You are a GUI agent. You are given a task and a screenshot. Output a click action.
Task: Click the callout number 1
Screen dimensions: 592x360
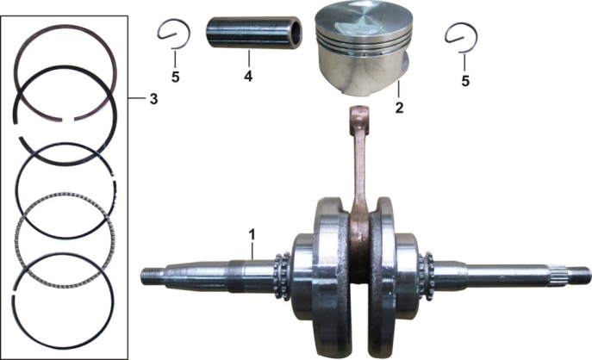[252, 235]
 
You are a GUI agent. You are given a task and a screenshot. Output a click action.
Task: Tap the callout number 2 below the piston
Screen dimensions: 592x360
[399, 108]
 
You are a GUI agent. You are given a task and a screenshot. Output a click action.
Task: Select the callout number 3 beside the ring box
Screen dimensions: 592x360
[153, 99]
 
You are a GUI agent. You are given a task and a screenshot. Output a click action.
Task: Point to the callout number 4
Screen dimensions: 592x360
[248, 76]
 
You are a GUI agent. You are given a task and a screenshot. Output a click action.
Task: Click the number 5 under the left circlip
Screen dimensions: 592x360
[175, 77]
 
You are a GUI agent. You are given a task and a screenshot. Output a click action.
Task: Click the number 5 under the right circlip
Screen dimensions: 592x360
[465, 80]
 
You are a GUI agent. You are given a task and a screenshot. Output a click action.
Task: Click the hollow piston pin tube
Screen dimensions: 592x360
[253, 34]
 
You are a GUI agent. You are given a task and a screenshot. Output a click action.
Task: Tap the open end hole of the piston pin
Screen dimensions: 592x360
[296, 33]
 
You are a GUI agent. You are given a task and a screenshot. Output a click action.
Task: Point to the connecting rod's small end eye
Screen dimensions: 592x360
[358, 112]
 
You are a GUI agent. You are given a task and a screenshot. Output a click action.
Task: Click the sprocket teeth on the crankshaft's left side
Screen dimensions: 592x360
[282, 276]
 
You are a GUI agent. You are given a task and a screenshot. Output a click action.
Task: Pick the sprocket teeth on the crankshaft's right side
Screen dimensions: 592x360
[427, 276]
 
